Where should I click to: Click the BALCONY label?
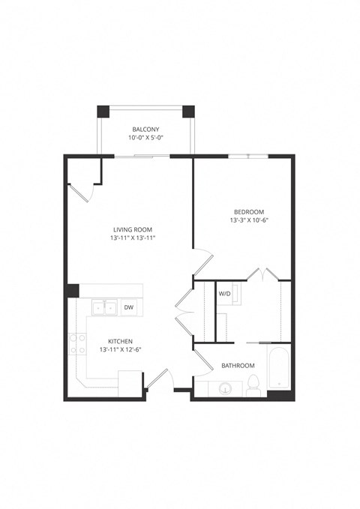(x=145, y=129)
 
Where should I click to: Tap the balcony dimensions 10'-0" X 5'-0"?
(x=145, y=139)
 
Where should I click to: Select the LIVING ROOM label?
(x=133, y=229)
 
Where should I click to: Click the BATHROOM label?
(x=237, y=366)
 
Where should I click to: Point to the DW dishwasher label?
(x=129, y=307)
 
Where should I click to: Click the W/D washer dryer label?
(x=224, y=294)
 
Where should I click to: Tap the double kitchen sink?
(x=103, y=307)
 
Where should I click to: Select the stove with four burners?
(x=76, y=343)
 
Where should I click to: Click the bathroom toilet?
(x=253, y=386)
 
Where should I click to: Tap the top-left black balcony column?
(x=103, y=111)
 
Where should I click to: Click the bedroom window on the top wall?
(x=247, y=156)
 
